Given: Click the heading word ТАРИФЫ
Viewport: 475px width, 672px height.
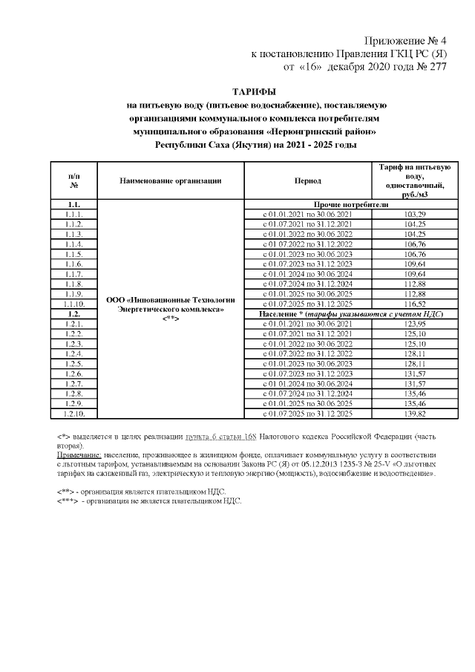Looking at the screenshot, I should pos(255,91).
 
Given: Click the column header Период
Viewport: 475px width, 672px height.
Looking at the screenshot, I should pos(307,180).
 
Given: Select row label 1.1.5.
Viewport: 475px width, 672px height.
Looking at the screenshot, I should pos(73,254).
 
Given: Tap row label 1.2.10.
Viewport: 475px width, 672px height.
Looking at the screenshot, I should pos(73,414).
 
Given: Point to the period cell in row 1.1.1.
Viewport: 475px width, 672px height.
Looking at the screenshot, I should pos(307,214).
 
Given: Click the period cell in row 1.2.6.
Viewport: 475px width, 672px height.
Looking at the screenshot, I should pos(307,374).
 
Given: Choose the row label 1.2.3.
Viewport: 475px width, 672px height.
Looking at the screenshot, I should pos(73,345).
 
